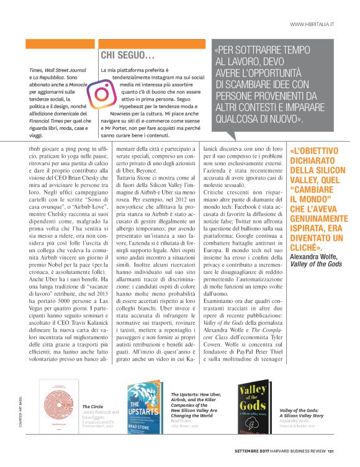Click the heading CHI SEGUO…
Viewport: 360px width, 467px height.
[x=127, y=55]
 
